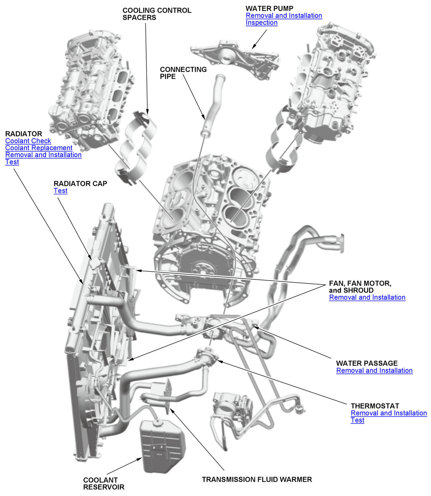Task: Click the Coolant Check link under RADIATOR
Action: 28,141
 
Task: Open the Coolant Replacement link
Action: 39,148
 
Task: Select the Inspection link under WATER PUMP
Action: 261,23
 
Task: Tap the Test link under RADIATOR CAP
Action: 60,190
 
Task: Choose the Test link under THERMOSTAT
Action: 357,420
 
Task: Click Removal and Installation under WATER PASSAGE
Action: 374,371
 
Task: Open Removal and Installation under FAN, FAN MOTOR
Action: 367,297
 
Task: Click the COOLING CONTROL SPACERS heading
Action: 157,14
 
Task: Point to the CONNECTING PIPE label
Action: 183,73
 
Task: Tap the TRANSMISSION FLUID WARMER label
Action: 257,479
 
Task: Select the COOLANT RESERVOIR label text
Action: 104,483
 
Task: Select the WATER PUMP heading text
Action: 269,8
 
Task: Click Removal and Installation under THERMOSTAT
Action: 389,413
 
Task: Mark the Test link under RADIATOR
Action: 12,162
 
